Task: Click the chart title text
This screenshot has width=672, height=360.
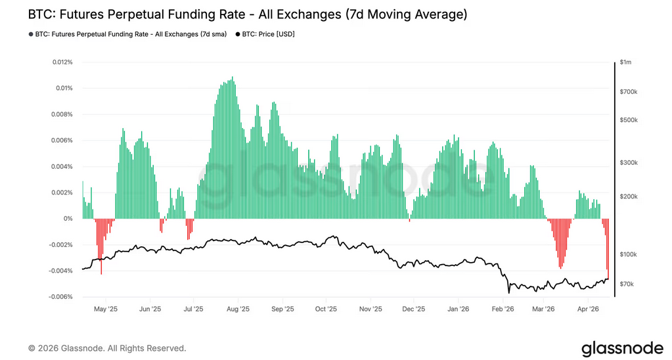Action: (x=247, y=14)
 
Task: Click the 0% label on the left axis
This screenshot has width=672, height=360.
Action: (x=68, y=219)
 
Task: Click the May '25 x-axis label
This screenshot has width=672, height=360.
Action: (x=106, y=308)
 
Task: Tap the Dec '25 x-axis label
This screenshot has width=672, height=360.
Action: (x=413, y=308)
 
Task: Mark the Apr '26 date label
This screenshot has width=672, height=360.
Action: (x=588, y=308)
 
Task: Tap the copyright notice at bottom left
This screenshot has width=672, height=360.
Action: (x=107, y=348)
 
